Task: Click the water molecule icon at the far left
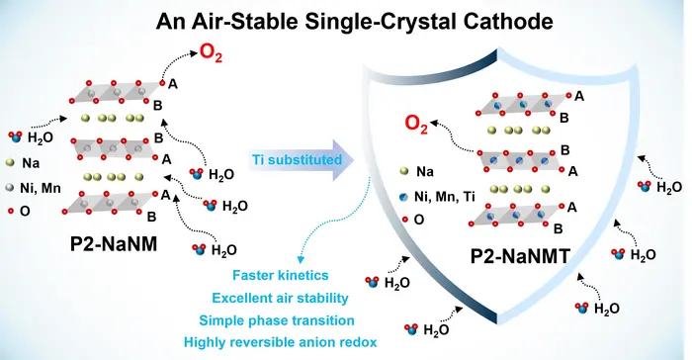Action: click(x=14, y=137)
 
